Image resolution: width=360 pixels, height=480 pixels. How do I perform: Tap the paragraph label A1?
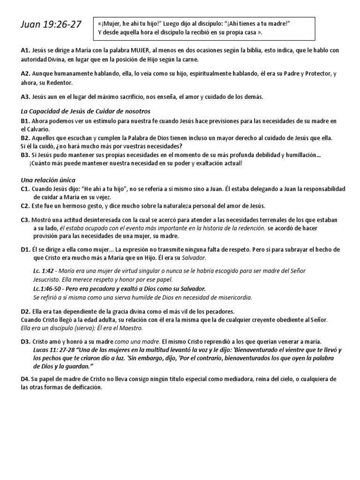click(25, 50)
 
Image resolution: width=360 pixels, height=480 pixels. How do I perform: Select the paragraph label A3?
click(25, 97)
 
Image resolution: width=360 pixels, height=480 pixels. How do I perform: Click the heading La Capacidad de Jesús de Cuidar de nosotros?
click(85, 111)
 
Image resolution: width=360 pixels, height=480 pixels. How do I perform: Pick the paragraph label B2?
click(25, 138)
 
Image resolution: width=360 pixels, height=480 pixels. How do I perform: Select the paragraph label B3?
click(25, 155)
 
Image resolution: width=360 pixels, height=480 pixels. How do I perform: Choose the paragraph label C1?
click(25, 188)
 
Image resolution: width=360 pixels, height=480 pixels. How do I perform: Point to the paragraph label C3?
click(25, 219)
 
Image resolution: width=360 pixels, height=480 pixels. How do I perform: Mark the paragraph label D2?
click(25, 311)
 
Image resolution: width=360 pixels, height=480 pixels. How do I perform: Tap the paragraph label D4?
click(25, 379)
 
